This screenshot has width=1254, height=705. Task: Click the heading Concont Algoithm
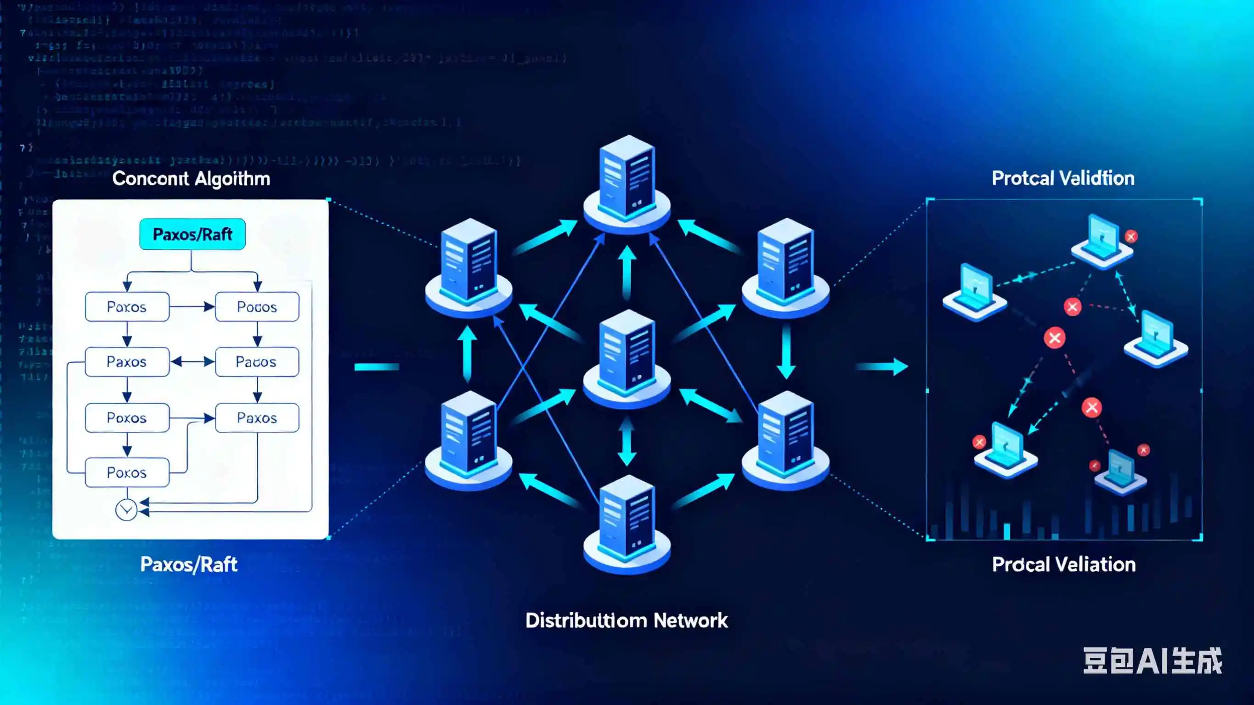click(x=191, y=179)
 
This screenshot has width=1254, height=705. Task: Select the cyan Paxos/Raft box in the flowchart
click(x=192, y=234)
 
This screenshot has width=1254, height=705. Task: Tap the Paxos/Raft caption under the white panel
click(x=188, y=564)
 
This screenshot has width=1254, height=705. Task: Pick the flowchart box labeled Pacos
click(x=257, y=362)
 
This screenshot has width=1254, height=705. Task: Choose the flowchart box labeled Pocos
click(x=257, y=307)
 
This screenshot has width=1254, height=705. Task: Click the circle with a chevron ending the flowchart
click(x=126, y=510)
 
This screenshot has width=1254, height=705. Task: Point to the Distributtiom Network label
click(x=626, y=620)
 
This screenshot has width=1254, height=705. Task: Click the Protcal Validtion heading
click(x=1063, y=178)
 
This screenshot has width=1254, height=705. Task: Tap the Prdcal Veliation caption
click(x=1064, y=564)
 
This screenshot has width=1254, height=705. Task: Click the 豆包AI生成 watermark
click(x=1152, y=661)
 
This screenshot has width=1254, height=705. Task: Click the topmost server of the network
click(x=627, y=185)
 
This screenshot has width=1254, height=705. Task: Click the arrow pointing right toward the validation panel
click(x=882, y=366)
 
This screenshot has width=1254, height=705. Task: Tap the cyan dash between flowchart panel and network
click(x=376, y=367)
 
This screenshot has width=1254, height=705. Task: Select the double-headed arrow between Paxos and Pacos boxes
click(x=192, y=362)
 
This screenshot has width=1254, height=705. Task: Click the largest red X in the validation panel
click(x=1054, y=338)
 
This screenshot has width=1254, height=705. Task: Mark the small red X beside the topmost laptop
click(x=1131, y=237)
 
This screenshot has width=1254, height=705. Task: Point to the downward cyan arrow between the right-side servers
click(x=785, y=351)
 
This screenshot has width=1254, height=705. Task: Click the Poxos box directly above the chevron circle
click(x=127, y=472)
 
